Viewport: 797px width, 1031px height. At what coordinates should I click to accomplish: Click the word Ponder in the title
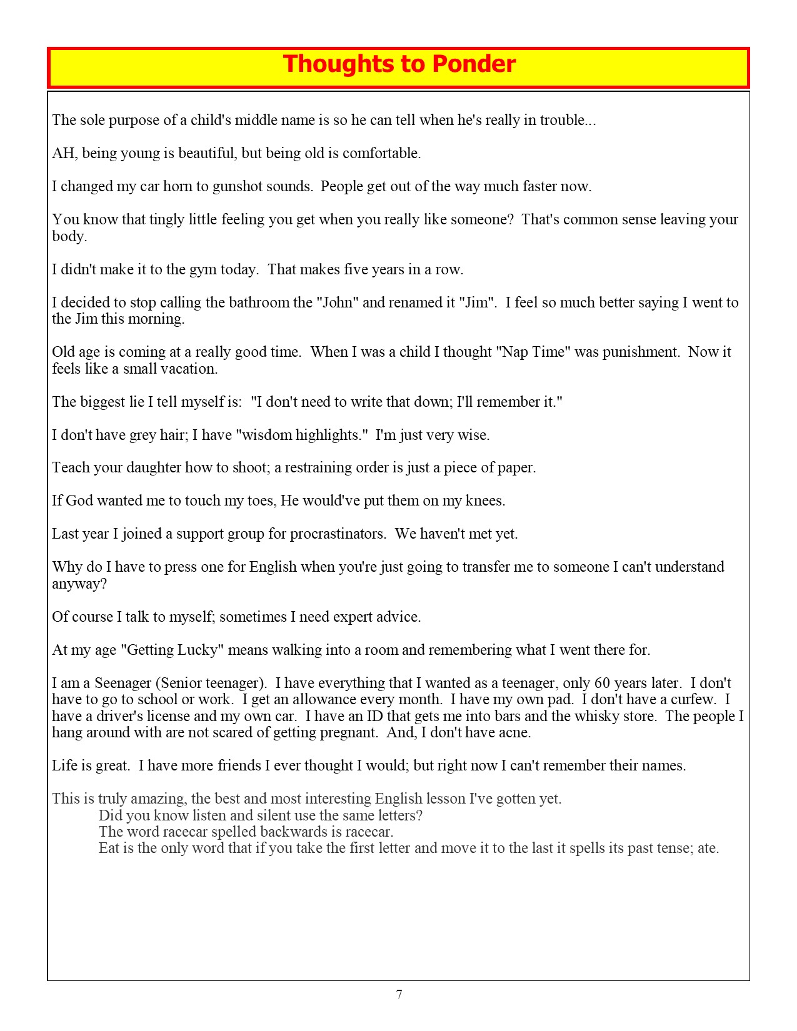click(474, 64)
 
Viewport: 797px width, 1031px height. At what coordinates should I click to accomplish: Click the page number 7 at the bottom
click(399, 994)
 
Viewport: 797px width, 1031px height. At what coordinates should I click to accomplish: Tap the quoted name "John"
click(338, 302)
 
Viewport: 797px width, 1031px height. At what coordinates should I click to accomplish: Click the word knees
click(485, 501)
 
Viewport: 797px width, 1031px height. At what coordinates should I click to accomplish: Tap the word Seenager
click(123, 683)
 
